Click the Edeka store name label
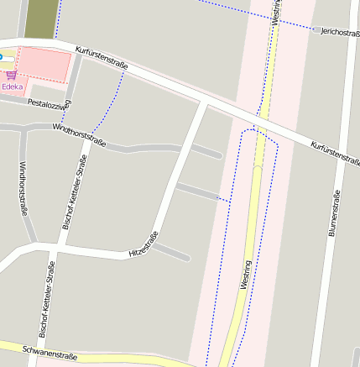tap(13, 87)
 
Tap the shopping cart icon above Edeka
tap(11, 76)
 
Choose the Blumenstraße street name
tap(334, 214)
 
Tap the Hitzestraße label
tap(143, 244)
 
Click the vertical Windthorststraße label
tap(23, 190)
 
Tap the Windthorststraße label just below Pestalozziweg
tap(79, 134)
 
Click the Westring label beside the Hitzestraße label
tap(245, 275)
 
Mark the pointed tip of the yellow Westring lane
tap(258, 167)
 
